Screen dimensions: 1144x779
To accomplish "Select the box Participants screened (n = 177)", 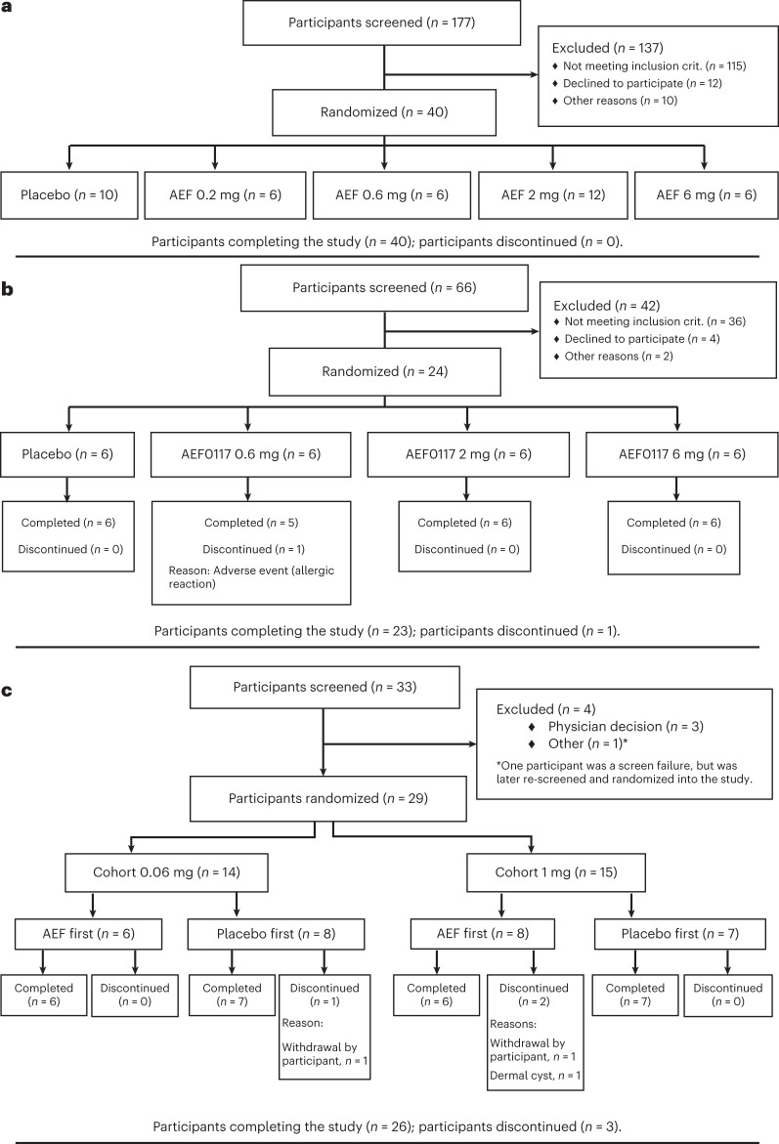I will (x=384, y=22).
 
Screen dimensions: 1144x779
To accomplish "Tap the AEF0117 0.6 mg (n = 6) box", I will (x=248, y=454).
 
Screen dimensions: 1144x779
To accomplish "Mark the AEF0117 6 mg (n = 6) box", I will (x=674, y=454).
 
